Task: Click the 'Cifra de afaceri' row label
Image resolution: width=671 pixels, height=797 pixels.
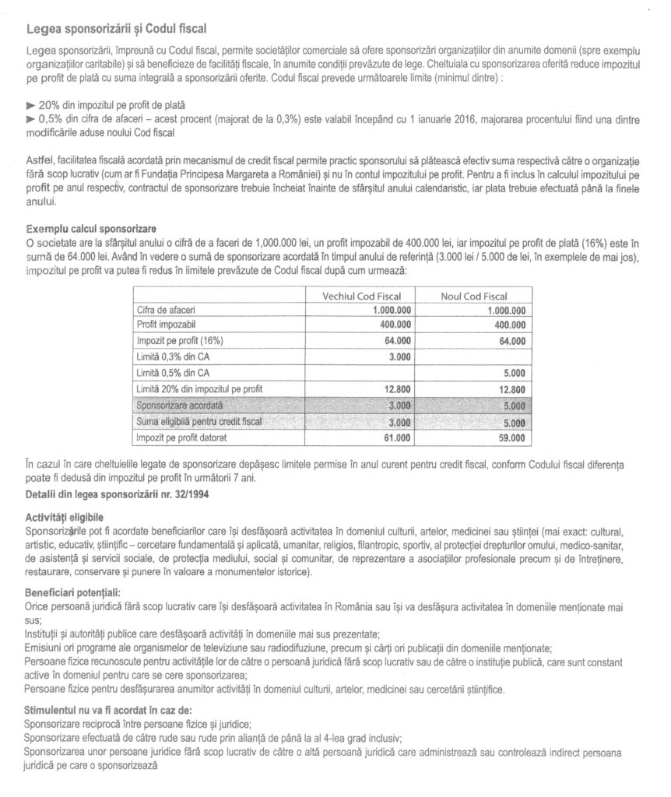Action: click(x=163, y=310)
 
